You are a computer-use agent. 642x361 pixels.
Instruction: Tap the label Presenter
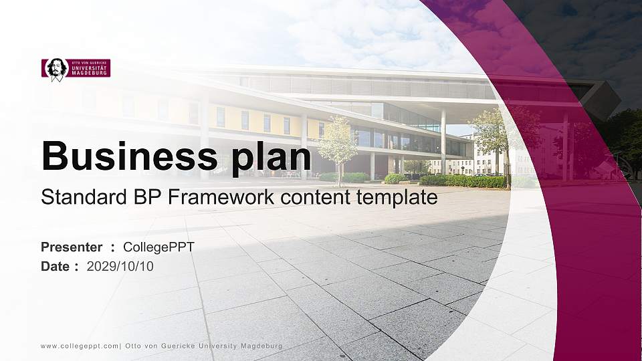72,247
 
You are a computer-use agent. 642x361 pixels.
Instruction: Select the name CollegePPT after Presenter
158,247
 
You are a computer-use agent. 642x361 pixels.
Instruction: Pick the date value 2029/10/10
120,266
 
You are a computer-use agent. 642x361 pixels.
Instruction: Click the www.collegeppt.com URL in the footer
80,346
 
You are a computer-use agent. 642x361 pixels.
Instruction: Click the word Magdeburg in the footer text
261,346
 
